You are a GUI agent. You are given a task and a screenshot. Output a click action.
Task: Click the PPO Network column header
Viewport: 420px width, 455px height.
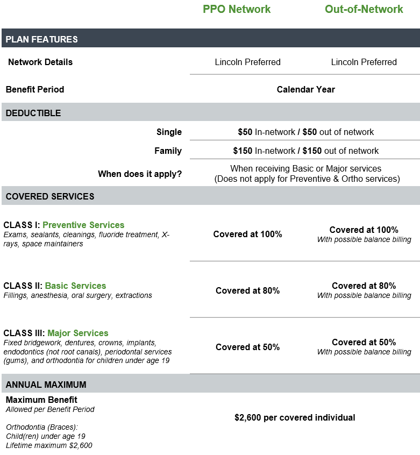[237, 9]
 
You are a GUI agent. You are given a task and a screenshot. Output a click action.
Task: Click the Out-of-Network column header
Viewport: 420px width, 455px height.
[364, 9]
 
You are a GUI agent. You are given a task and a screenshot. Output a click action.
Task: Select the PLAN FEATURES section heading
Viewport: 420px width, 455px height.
[41, 39]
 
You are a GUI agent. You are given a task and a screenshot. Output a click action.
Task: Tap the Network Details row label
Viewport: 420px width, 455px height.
[40, 62]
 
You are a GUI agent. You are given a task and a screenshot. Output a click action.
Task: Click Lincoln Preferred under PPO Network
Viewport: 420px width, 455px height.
[247, 62]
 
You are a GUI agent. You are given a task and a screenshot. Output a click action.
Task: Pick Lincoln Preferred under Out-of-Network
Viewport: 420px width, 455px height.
[364, 62]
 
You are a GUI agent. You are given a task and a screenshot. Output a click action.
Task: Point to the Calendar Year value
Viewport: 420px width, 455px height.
[305, 89]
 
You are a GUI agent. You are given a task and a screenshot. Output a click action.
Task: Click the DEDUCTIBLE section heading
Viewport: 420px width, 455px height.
[33, 113]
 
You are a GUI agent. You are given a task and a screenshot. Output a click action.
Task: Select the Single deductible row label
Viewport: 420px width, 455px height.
[169, 132]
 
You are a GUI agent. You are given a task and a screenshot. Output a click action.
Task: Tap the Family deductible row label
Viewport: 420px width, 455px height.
[168, 151]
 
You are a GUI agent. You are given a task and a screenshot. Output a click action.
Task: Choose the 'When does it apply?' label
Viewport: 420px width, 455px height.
[140, 174]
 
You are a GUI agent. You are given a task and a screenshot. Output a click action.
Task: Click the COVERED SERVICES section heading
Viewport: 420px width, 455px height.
[50, 196]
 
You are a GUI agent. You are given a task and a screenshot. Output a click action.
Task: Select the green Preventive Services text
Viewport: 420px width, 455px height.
[83, 225]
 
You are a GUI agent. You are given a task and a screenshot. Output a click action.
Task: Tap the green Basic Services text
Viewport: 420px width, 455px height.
[75, 286]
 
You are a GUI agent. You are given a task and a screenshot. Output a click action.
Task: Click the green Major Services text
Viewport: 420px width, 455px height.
[77, 333]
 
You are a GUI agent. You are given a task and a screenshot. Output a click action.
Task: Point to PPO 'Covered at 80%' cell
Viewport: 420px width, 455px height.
[247, 290]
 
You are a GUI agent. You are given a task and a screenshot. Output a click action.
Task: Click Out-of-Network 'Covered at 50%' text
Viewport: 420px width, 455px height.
[364, 342]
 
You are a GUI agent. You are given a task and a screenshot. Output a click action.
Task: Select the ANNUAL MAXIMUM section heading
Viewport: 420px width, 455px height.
[46, 385]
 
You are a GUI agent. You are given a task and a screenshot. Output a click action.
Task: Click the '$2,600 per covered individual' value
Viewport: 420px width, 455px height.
[295, 417]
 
